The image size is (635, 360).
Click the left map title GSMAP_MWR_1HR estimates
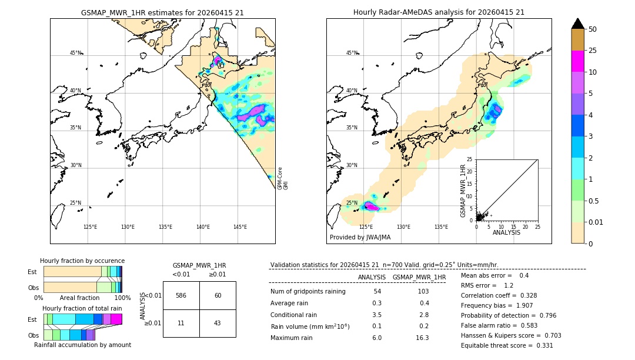pos(162,12)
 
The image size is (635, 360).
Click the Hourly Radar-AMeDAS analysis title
pos(439,12)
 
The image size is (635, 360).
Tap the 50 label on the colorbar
pos(593,29)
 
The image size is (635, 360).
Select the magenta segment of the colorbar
pos(577,61)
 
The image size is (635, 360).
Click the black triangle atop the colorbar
pos(577,24)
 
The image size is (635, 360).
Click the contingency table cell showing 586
pos(181,295)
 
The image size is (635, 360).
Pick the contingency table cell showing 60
pos(218,295)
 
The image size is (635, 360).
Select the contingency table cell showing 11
pos(181,324)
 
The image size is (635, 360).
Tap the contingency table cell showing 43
pos(218,324)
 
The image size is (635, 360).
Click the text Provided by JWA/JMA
pos(360,237)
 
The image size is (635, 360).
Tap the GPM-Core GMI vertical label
pos(283,178)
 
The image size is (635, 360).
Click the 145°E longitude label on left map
pos(240,227)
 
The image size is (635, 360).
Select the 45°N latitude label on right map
pos(351,53)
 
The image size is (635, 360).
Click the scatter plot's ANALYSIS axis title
pos(506,232)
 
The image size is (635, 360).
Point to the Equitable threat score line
pos(507,345)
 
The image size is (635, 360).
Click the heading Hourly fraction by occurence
pos(82,261)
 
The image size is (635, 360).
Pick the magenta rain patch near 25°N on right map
pos(371,206)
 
